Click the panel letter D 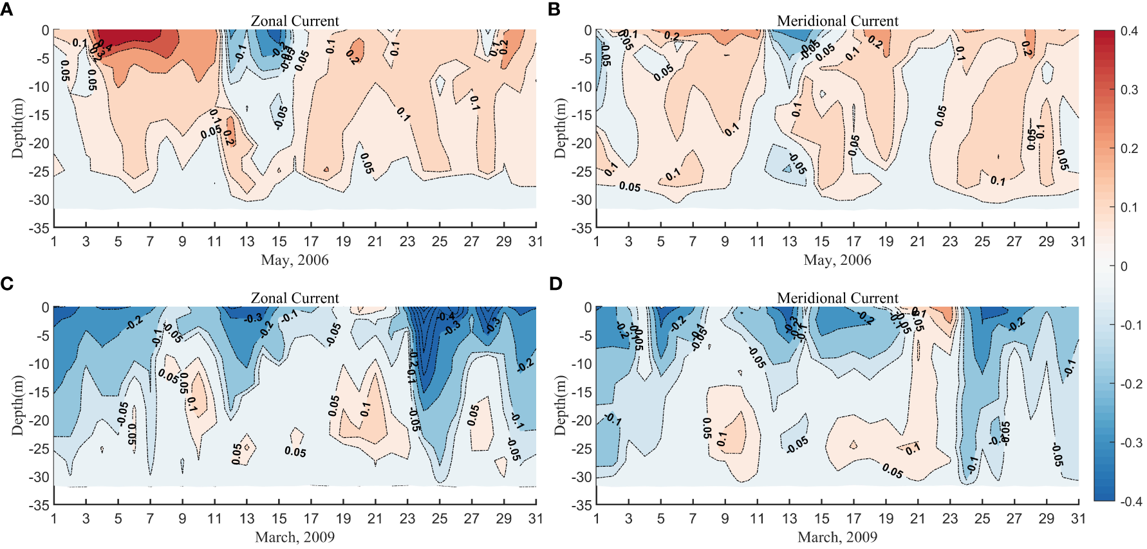pyautogui.click(x=556, y=283)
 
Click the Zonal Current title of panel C pyautogui.click(x=295, y=298)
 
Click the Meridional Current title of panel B pyautogui.click(x=837, y=21)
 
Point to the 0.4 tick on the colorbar pyautogui.click(x=1129, y=31)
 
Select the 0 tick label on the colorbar pyautogui.click(x=1124, y=266)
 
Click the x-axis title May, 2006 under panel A pyautogui.click(x=295, y=260)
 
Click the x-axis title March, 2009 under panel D pyautogui.click(x=837, y=537)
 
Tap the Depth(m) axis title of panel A pyautogui.click(x=17, y=129)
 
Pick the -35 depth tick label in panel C pyautogui.click(x=39, y=505)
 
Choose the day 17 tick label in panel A pyautogui.click(x=311, y=242)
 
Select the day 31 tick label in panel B pyautogui.click(x=1078, y=242)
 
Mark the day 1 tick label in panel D pyautogui.click(x=596, y=519)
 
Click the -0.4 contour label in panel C pyautogui.click(x=446, y=316)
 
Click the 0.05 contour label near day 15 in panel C pyautogui.click(x=295, y=451)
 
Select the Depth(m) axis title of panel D pyautogui.click(x=560, y=406)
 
